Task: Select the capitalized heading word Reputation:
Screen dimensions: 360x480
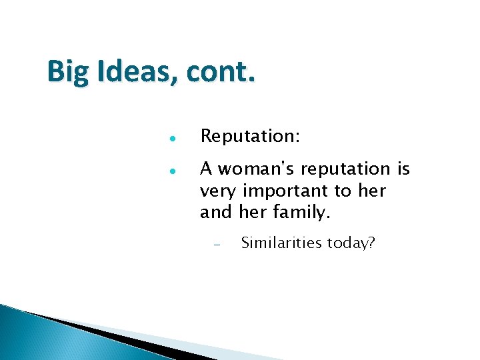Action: click(x=250, y=137)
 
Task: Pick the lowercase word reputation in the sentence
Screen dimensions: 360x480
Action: click(x=345, y=171)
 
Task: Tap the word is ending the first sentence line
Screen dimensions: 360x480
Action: click(x=403, y=169)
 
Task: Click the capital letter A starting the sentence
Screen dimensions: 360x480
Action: click(x=207, y=169)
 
